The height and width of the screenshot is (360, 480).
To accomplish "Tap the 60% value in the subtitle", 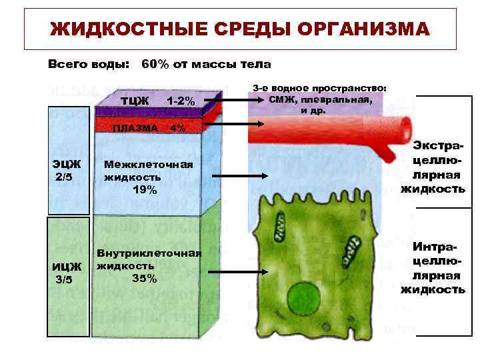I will tap(155, 65).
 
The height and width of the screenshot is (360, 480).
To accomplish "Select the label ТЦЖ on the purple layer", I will tap(135, 101).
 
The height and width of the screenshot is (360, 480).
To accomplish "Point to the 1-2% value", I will tap(181, 101).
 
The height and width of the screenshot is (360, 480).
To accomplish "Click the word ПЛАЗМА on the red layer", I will tap(135, 127).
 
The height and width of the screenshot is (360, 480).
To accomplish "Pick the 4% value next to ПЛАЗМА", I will tap(178, 127).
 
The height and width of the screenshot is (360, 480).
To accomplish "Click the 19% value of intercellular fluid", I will tap(145, 190).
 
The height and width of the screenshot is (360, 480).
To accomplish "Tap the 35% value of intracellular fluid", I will tap(144, 278).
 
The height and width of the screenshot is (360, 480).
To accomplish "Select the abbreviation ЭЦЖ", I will tap(67, 164).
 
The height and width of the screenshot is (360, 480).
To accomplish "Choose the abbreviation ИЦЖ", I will tap(67, 267).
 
